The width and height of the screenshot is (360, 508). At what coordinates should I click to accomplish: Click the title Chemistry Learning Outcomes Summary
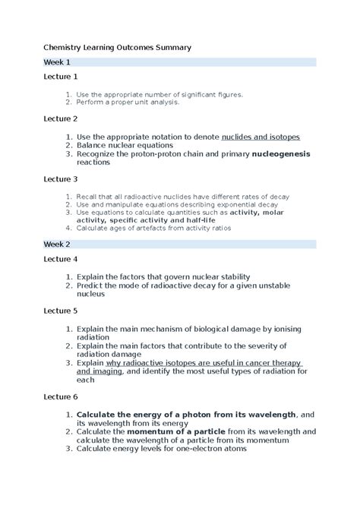click(x=117, y=47)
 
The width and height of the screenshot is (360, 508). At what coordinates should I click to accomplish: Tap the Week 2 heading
click(x=57, y=244)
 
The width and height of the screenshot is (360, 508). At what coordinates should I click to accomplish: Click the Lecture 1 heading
click(x=60, y=77)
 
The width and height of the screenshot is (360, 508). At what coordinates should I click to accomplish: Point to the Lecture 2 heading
click(x=60, y=119)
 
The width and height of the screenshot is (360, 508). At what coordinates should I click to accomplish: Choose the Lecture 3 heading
click(x=60, y=179)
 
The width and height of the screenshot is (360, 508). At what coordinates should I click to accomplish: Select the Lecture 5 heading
click(x=60, y=311)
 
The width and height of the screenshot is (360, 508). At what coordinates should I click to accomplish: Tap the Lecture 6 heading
click(x=60, y=396)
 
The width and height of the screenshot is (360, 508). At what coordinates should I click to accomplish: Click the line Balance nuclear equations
click(x=125, y=145)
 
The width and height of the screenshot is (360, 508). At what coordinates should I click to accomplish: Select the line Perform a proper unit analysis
click(x=127, y=102)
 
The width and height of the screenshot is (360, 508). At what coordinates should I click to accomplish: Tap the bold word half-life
click(x=196, y=222)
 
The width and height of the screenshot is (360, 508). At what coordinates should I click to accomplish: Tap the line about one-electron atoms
click(x=161, y=448)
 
